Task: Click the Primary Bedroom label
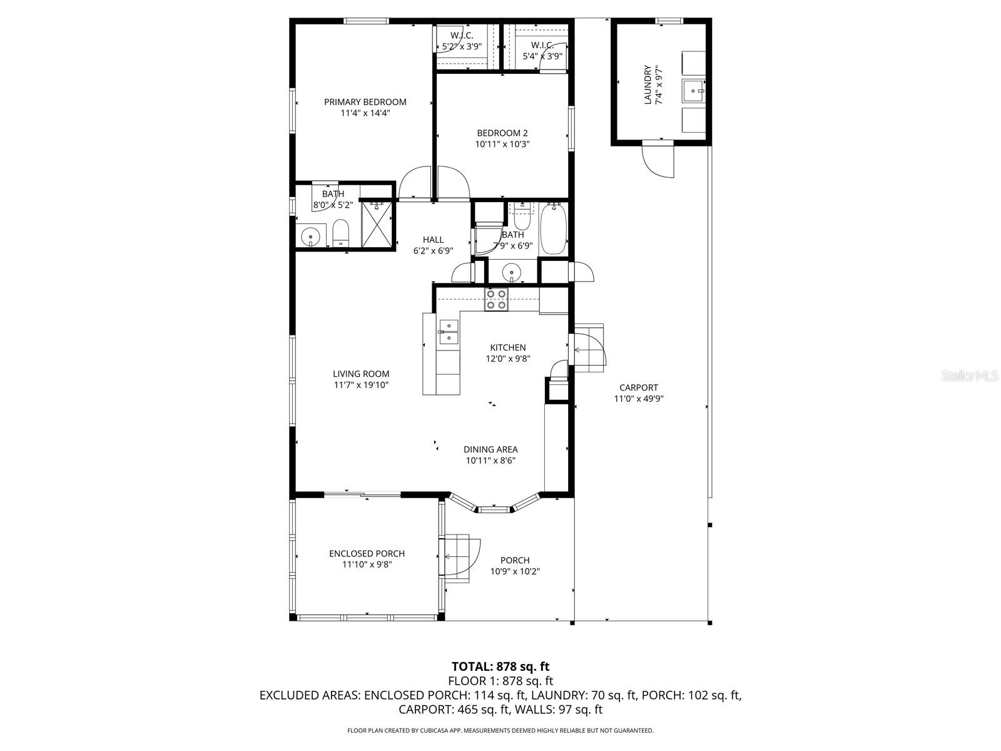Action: (x=365, y=102)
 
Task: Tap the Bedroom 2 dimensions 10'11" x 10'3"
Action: (x=502, y=144)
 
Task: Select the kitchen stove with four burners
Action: (x=497, y=300)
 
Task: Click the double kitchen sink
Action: (x=449, y=332)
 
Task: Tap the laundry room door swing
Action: (x=658, y=161)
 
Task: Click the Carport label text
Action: (x=638, y=387)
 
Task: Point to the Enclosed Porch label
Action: (x=367, y=553)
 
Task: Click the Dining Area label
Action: (x=490, y=449)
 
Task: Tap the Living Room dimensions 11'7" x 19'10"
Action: (x=361, y=385)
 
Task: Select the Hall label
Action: (x=433, y=239)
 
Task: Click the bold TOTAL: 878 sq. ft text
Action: (x=500, y=667)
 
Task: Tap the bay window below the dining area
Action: (x=494, y=506)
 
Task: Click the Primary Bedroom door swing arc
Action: (x=415, y=183)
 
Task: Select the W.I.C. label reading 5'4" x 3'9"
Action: (x=542, y=50)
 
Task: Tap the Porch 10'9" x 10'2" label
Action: (x=515, y=566)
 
